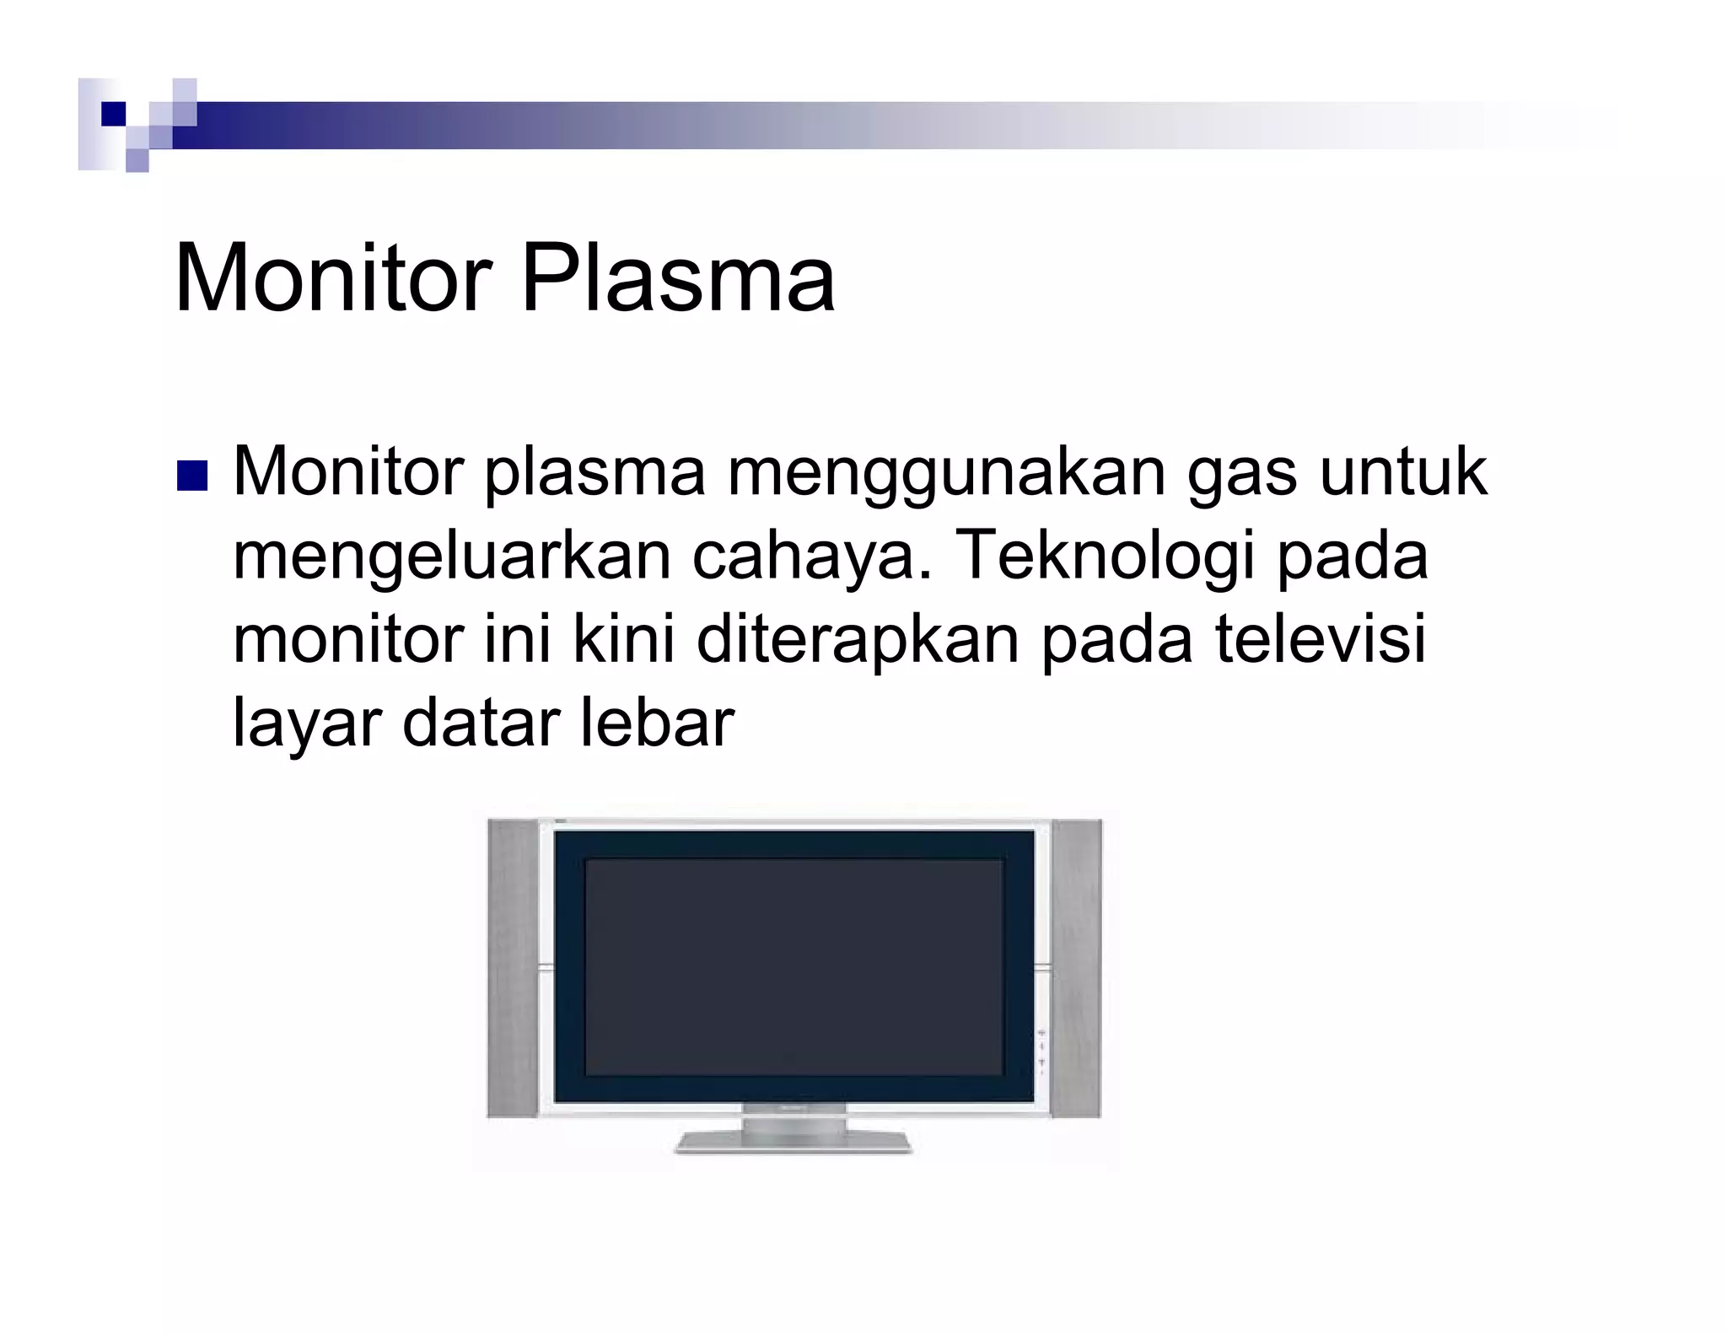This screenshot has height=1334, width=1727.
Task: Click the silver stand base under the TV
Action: (x=793, y=1143)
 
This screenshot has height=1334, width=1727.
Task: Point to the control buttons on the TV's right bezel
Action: (x=1041, y=1050)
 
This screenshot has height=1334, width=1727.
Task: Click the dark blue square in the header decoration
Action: (x=113, y=114)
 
